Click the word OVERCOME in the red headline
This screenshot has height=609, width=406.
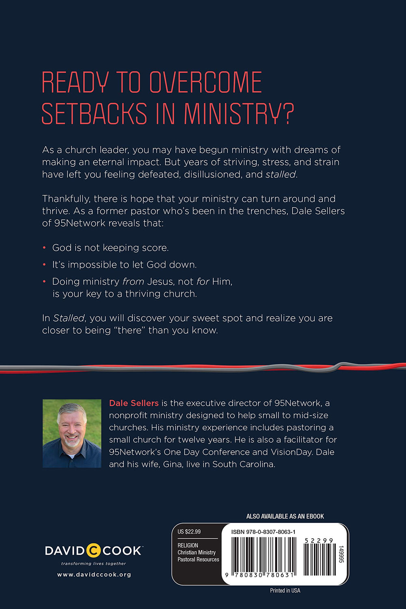point(205,83)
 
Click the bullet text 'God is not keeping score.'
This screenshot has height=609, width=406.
point(110,248)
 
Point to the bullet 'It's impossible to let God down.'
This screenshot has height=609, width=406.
point(124,265)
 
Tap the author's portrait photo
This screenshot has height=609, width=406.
point(72,433)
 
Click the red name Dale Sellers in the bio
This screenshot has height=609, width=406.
point(134,403)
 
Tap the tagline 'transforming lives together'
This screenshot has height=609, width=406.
point(93,564)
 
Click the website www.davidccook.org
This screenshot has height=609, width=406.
point(94,574)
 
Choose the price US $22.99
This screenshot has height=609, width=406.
point(189,532)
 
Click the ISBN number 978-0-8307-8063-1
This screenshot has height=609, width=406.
point(263,532)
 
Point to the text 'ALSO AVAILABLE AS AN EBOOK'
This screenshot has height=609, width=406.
point(285,516)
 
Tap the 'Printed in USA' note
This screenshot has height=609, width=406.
point(285,591)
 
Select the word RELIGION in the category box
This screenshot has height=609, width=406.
point(188,545)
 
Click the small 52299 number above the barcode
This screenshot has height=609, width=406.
point(319,541)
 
